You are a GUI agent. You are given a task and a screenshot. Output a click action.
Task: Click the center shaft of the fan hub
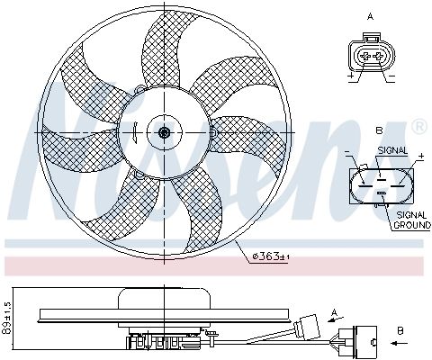click(164, 133)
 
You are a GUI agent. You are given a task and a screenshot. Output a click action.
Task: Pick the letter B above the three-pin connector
click(379, 132)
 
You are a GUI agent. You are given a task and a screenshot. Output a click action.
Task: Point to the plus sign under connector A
click(349, 77)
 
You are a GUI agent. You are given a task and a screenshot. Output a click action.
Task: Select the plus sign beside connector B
click(419, 157)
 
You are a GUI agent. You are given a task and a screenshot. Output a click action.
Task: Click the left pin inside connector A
click(364, 56)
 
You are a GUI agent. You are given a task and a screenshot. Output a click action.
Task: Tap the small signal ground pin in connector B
click(381, 192)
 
